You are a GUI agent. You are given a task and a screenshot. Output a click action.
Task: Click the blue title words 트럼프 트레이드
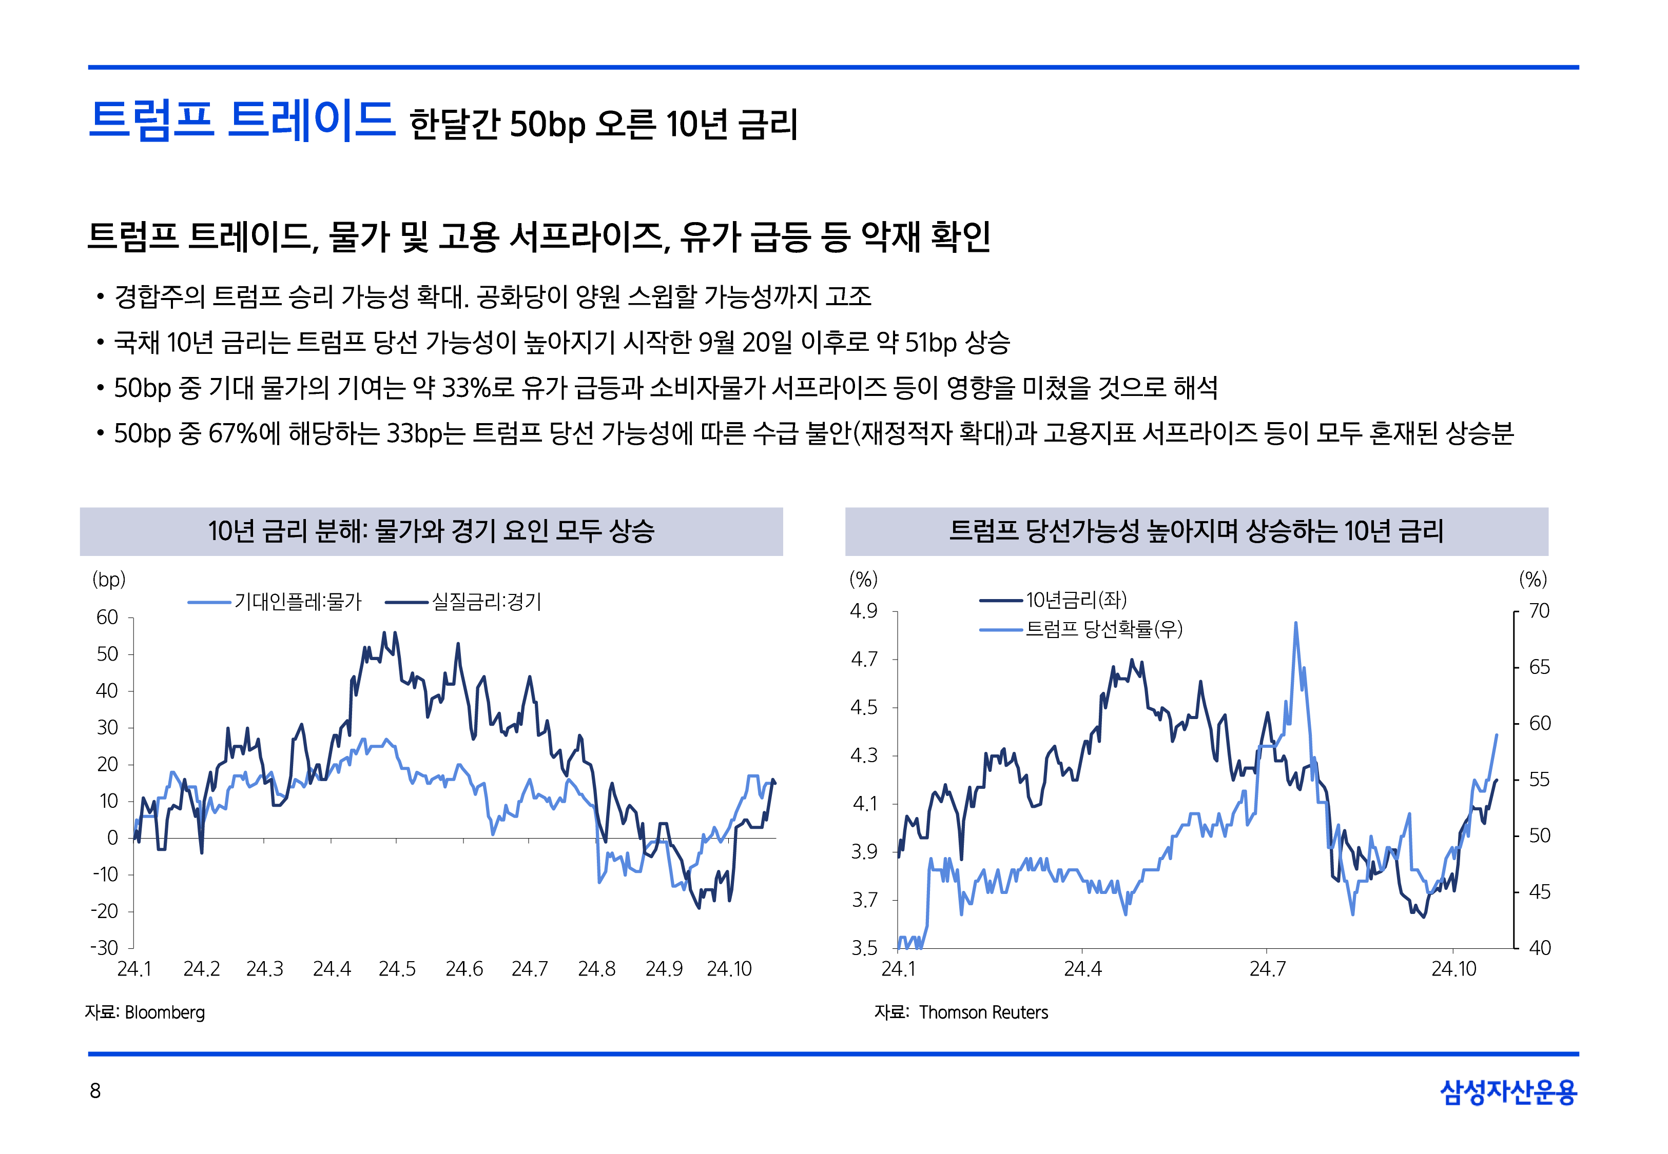tap(242, 120)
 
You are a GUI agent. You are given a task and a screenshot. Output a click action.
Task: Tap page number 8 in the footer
tap(95, 1090)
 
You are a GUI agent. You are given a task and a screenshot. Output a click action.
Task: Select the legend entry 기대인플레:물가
tap(297, 602)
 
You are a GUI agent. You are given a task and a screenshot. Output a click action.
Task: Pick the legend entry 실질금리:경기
tap(486, 602)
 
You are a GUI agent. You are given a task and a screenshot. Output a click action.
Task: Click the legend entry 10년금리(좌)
tap(1076, 600)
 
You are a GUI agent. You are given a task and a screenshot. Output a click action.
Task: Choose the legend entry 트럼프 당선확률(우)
tap(1103, 629)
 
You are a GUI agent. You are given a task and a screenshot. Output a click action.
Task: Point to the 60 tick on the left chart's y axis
tap(107, 618)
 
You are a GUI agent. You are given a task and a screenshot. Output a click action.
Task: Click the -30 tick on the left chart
tap(104, 947)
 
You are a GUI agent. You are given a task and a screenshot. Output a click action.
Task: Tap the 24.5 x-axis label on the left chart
tap(397, 969)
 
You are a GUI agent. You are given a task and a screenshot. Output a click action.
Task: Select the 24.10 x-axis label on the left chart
tap(729, 969)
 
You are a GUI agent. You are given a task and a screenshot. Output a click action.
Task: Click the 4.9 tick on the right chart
tap(864, 611)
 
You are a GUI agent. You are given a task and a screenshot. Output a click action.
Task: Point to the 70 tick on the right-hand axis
tap(1539, 611)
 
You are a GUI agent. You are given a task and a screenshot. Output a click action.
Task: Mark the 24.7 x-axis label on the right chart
tap(1267, 969)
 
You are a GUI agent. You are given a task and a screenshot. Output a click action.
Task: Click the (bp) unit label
tap(109, 579)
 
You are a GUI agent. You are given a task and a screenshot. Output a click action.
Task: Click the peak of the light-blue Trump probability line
tap(1295, 623)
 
